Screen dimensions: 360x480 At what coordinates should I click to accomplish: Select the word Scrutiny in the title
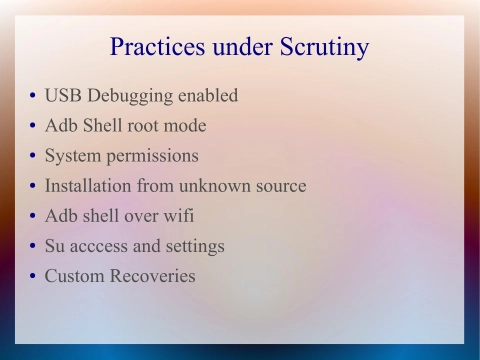coord(322,47)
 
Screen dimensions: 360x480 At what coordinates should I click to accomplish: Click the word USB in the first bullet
coord(62,97)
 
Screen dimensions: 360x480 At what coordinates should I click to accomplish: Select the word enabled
coord(207,97)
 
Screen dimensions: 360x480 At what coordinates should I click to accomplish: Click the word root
coord(146,126)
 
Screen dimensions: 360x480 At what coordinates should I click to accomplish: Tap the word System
coord(72,157)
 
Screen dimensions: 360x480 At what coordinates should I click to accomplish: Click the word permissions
coord(152,157)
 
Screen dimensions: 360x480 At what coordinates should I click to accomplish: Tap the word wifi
coord(176,216)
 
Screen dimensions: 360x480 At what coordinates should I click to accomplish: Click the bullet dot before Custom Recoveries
coord(33,277)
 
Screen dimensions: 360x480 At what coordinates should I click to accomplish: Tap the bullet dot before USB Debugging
coord(33,98)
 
